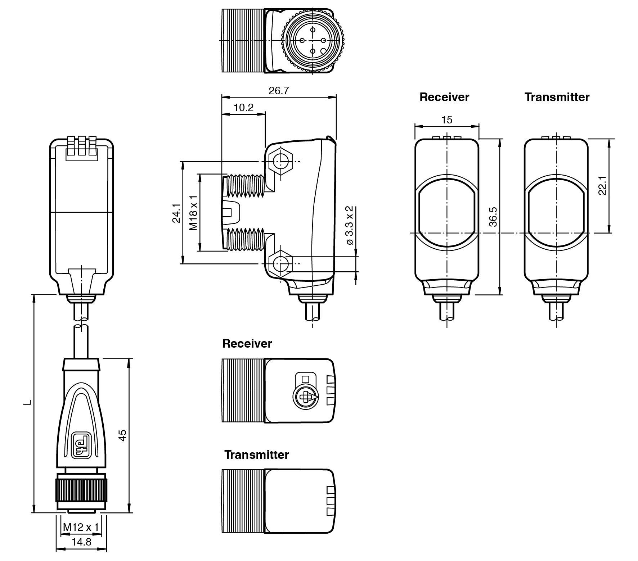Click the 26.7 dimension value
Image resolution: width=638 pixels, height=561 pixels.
(279, 91)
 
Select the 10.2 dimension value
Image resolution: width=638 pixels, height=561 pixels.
(243, 108)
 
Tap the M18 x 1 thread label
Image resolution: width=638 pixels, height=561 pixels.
(194, 213)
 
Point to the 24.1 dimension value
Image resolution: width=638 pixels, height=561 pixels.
(176, 213)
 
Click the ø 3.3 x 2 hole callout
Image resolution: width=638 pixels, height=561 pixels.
(350, 226)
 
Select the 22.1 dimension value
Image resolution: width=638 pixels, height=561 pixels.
(602, 185)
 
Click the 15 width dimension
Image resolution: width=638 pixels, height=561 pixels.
(446, 120)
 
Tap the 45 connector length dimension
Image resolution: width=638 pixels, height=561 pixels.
(122, 435)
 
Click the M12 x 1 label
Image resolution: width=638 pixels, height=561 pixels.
(81, 527)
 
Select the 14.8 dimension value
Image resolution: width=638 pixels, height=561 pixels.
(81, 542)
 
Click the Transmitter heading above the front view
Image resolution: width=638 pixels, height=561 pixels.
(557, 97)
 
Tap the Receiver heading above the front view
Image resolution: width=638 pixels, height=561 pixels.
(444, 97)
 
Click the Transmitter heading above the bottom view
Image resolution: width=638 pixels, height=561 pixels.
(256, 454)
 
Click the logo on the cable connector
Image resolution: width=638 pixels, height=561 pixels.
(81, 445)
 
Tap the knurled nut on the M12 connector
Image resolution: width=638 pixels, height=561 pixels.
(81, 489)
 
